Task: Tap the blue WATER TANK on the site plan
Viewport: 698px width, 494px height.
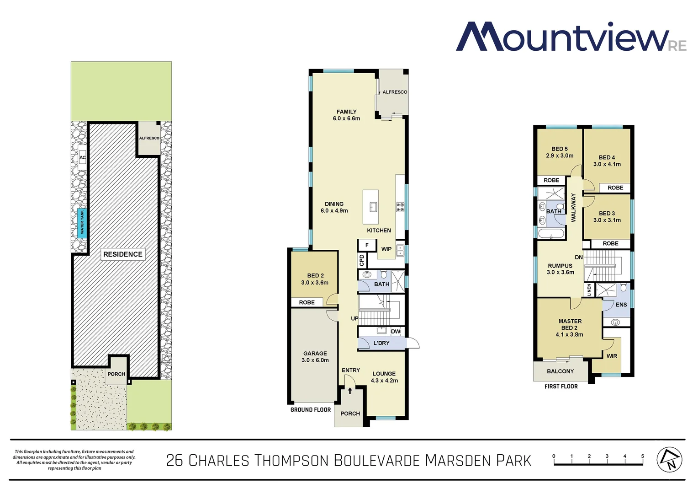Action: pyautogui.click(x=82, y=222)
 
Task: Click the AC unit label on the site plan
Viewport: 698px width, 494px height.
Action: pyautogui.click(x=82, y=157)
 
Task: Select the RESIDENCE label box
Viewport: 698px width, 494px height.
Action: pyautogui.click(x=122, y=254)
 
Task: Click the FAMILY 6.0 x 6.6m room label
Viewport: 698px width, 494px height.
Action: pyautogui.click(x=346, y=115)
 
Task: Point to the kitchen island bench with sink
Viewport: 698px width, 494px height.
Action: pyautogui.click(x=371, y=207)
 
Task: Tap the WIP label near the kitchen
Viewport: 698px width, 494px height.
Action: pyautogui.click(x=386, y=249)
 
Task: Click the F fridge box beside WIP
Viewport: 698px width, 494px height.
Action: pyautogui.click(x=367, y=245)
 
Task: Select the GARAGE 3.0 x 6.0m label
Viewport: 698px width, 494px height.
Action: pyautogui.click(x=315, y=357)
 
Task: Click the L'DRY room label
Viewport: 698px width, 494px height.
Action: pyautogui.click(x=381, y=343)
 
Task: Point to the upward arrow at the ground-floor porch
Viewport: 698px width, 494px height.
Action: pyautogui.click(x=350, y=391)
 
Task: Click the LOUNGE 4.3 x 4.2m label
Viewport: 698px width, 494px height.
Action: pyautogui.click(x=384, y=377)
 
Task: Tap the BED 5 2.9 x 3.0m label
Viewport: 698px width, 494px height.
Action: pyautogui.click(x=560, y=152)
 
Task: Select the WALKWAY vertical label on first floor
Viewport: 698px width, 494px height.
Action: pyautogui.click(x=574, y=208)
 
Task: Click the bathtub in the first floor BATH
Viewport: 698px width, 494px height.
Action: pyautogui.click(x=551, y=234)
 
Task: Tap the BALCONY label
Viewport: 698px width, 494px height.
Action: pyautogui.click(x=560, y=371)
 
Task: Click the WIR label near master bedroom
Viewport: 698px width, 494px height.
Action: pyautogui.click(x=612, y=356)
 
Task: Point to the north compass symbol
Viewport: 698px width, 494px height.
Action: pyautogui.click(x=669, y=460)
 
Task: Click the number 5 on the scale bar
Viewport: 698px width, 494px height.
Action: pyautogui.click(x=642, y=456)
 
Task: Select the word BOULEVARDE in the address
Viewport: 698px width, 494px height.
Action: pyautogui.click(x=376, y=460)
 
